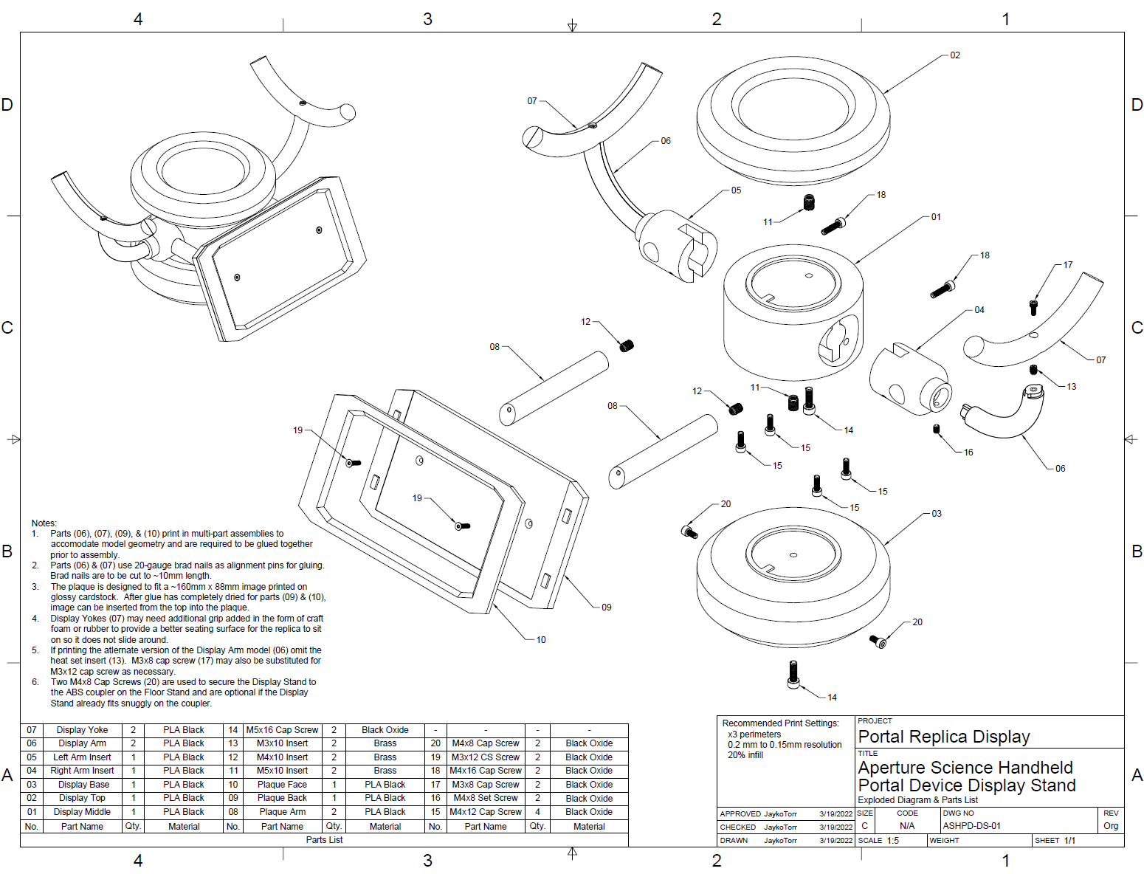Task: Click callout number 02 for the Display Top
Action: (955, 55)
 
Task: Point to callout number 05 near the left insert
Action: (736, 190)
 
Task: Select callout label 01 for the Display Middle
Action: (936, 217)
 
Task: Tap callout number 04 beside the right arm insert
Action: (979, 310)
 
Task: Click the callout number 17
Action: (1068, 265)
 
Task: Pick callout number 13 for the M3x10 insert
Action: (1072, 387)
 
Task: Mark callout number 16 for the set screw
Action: (968, 453)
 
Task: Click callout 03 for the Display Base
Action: (937, 514)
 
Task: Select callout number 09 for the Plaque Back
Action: (606, 608)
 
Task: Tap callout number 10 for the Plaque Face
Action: (541, 640)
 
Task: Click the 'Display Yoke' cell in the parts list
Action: (82, 730)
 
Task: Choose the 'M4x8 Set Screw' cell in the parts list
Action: (486, 798)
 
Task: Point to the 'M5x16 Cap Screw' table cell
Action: (282, 730)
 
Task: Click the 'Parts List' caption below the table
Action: (324, 840)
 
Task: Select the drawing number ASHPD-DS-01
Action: (971, 826)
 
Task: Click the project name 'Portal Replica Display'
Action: (944, 737)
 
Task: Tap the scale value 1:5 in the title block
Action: (893, 841)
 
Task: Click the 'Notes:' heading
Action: (44, 523)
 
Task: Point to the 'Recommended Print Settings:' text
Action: (780, 723)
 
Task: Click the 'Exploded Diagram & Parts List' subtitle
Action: (917, 800)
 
